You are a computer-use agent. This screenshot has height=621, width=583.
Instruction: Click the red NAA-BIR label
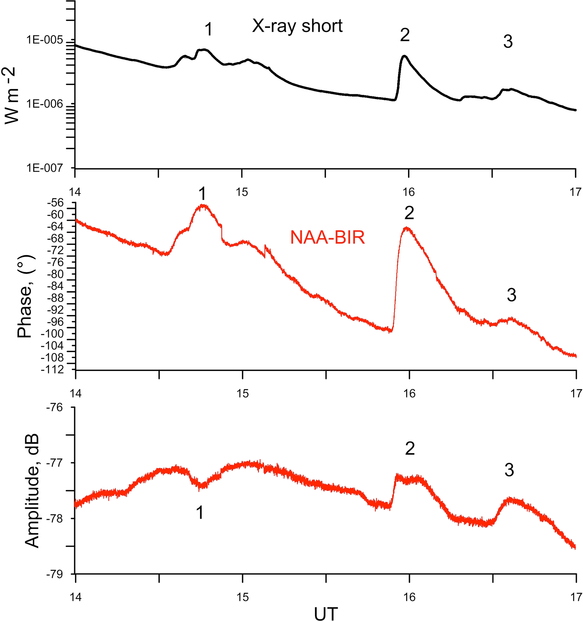pos(327,237)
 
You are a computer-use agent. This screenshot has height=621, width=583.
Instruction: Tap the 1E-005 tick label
pos(45,40)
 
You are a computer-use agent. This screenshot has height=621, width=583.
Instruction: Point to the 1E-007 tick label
pos(45,168)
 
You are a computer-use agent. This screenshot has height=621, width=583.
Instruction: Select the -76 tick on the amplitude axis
pos(55,407)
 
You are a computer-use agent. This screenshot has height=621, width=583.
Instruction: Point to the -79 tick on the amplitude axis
pos(55,574)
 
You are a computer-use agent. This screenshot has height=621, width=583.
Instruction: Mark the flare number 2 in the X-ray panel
pos(405,35)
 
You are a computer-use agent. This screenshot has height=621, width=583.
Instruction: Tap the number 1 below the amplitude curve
pos(200,513)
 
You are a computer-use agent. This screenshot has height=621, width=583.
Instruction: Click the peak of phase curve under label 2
pos(407,228)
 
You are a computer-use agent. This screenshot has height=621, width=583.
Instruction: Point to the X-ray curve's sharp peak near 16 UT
pos(404,56)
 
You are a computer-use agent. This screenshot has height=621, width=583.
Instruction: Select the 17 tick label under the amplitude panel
pos(576,597)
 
